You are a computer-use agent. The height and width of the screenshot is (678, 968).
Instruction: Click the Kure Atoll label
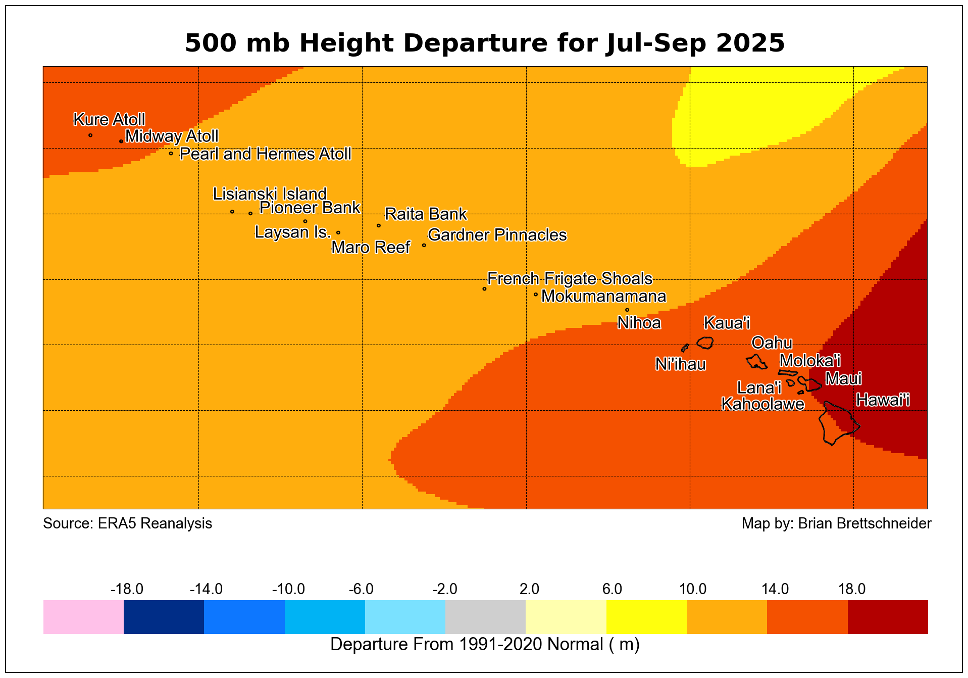(x=109, y=120)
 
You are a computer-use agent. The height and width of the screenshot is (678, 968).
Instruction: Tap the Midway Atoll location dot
(x=121, y=141)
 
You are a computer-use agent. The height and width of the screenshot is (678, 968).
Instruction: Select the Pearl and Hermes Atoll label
(x=265, y=154)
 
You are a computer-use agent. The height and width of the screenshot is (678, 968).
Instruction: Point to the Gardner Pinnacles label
(x=497, y=235)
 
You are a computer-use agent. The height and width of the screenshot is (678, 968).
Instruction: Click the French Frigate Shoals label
(x=570, y=279)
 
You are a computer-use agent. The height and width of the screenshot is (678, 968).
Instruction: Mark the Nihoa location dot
(x=627, y=310)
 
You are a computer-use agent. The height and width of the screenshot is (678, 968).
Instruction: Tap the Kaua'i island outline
(x=705, y=343)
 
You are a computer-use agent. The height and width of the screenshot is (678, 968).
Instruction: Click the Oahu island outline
(x=756, y=362)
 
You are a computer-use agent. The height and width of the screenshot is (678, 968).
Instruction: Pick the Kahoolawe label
(x=762, y=404)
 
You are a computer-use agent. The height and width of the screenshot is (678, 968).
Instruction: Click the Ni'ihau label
(x=680, y=364)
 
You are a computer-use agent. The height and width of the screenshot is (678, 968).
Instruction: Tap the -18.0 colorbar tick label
(x=127, y=589)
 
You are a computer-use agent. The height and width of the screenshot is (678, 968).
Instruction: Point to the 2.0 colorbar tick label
(x=529, y=589)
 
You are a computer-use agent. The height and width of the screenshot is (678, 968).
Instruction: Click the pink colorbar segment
(x=83, y=617)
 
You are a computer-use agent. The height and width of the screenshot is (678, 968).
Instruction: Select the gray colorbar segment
(x=485, y=617)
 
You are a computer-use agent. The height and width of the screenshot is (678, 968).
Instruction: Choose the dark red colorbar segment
(x=887, y=617)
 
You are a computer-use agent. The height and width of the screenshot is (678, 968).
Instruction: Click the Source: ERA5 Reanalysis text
(x=127, y=523)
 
